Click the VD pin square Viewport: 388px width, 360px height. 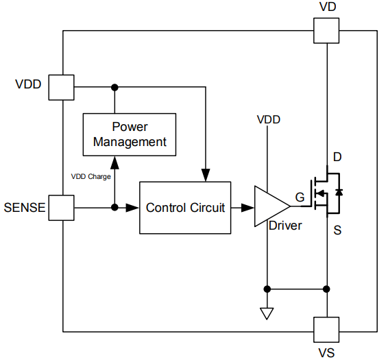click(326, 31)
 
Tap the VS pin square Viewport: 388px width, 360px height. click(326, 330)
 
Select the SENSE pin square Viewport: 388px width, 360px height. click(62, 207)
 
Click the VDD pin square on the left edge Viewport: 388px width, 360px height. click(62, 87)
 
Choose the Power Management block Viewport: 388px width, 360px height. click(130, 134)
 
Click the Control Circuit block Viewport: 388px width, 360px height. click(185, 207)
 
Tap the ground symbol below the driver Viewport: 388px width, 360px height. click(267, 313)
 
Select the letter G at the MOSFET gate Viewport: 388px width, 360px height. click(300, 198)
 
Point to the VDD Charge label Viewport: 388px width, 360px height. click(91, 176)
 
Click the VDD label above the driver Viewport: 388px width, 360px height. click(268, 119)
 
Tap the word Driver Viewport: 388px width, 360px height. click(285, 225)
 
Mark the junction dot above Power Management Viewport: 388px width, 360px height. click(114, 87)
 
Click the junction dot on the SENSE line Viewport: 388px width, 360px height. click(114, 207)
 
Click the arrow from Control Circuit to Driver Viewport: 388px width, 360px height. click(243, 207)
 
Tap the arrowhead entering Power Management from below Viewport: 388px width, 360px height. click(114, 161)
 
